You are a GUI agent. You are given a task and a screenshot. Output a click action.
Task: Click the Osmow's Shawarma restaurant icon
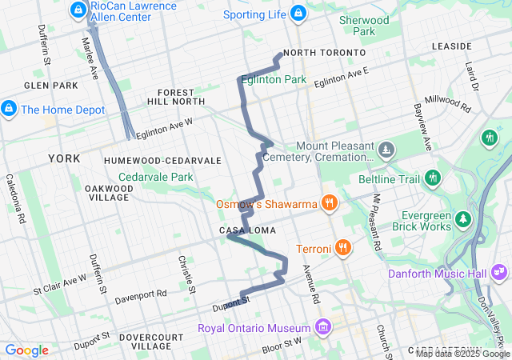(x=328, y=202)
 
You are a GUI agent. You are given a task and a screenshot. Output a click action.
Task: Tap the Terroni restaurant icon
(x=342, y=247)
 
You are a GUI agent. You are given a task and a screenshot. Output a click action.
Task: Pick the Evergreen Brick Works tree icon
(x=462, y=218)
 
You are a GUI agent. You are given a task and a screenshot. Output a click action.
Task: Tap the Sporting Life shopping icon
(x=298, y=13)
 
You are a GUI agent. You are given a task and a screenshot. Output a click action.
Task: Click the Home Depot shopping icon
(x=9, y=107)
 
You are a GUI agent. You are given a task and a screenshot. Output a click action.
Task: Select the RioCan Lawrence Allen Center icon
(x=78, y=10)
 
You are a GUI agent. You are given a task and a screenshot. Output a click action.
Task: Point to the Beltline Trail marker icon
(x=434, y=177)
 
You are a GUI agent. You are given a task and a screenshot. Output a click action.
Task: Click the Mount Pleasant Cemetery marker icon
(x=386, y=150)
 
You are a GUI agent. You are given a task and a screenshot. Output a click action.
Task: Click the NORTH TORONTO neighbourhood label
(x=324, y=53)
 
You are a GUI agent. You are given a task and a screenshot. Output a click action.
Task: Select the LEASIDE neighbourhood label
(x=452, y=46)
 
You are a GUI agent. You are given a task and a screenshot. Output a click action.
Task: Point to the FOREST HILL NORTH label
(x=176, y=97)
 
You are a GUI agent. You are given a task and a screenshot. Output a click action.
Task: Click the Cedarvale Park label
(x=156, y=177)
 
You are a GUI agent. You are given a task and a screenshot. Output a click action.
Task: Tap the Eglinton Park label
(x=273, y=80)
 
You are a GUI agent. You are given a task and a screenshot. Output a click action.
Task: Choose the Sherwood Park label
(x=364, y=26)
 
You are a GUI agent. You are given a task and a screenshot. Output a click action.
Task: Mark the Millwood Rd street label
(x=448, y=103)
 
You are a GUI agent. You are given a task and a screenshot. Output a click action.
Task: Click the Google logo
(x=26, y=350)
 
